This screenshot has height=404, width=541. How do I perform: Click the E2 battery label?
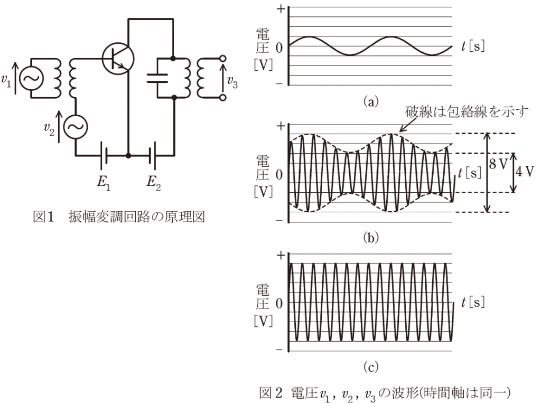click(x=153, y=183)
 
